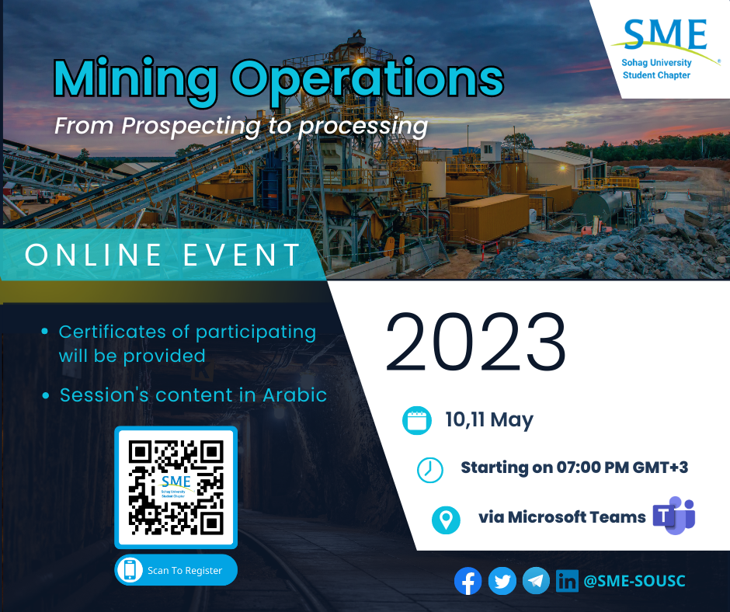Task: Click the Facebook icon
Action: pos(468,581)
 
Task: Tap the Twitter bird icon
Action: pos(502,581)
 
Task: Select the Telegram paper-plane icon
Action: pos(536,581)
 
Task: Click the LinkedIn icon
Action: pos(567,581)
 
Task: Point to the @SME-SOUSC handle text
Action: pos(634,581)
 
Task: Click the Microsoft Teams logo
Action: pos(674,516)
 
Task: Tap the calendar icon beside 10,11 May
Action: pos(417,420)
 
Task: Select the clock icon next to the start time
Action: pos(430,469)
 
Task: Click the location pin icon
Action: pos(446,520)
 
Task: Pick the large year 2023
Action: pos(476,342)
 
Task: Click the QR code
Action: pos(176,487)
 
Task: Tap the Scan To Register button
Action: pos(176,569)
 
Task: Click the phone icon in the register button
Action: pos(130,569)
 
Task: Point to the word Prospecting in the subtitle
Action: pos(191,127)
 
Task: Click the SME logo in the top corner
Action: pos(665,48)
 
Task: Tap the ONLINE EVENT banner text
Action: pos(163,255)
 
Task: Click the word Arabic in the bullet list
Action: pos(294,395)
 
